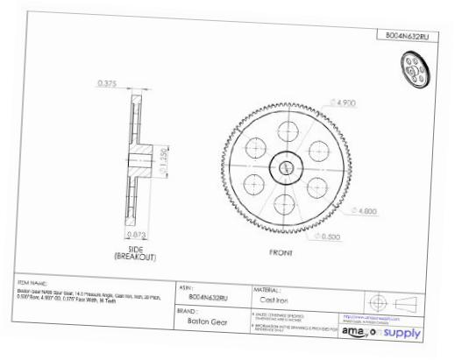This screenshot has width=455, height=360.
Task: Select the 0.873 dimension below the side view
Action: pos(136,235)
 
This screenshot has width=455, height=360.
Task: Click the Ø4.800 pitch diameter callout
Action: pos(365,210)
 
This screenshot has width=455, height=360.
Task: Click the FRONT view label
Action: pos(281,251)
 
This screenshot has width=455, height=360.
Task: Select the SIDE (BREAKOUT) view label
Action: pos(137,253)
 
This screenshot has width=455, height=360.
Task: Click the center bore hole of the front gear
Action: pos(286,166)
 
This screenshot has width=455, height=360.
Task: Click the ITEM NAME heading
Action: pos(33,283)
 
